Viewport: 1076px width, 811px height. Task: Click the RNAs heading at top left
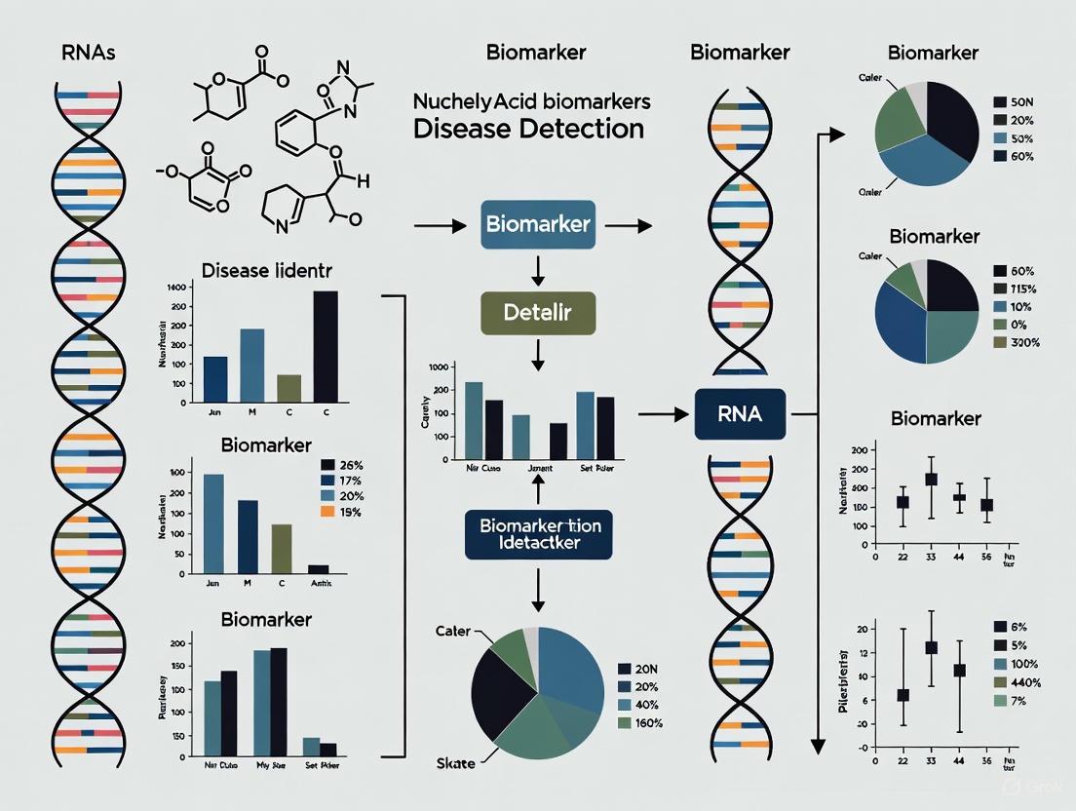tap(88, 53)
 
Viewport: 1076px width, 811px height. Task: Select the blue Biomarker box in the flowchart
tap(537, 224)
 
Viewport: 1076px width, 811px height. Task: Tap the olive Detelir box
tap(537, 314)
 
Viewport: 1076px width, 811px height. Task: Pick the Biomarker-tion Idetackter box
tap(540, 533)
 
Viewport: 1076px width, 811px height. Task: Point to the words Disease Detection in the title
tap(528, 129)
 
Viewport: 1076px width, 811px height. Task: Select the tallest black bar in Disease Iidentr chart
tap(326, 346)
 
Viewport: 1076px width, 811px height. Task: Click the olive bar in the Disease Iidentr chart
tap(289, 388)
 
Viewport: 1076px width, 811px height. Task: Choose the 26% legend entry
tap(340, 465)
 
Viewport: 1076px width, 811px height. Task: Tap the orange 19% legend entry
tap(340, 512)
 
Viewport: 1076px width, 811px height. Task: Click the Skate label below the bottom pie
tap(455, 762)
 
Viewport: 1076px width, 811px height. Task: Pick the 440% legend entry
tap(1012, 682)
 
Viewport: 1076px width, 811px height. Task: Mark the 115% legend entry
tap(1010, 289)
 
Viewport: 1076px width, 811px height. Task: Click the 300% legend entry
tap(1010, 342)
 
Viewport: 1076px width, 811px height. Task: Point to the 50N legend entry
tap(1010, 102)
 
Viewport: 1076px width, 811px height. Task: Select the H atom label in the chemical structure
tap(364, 181)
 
